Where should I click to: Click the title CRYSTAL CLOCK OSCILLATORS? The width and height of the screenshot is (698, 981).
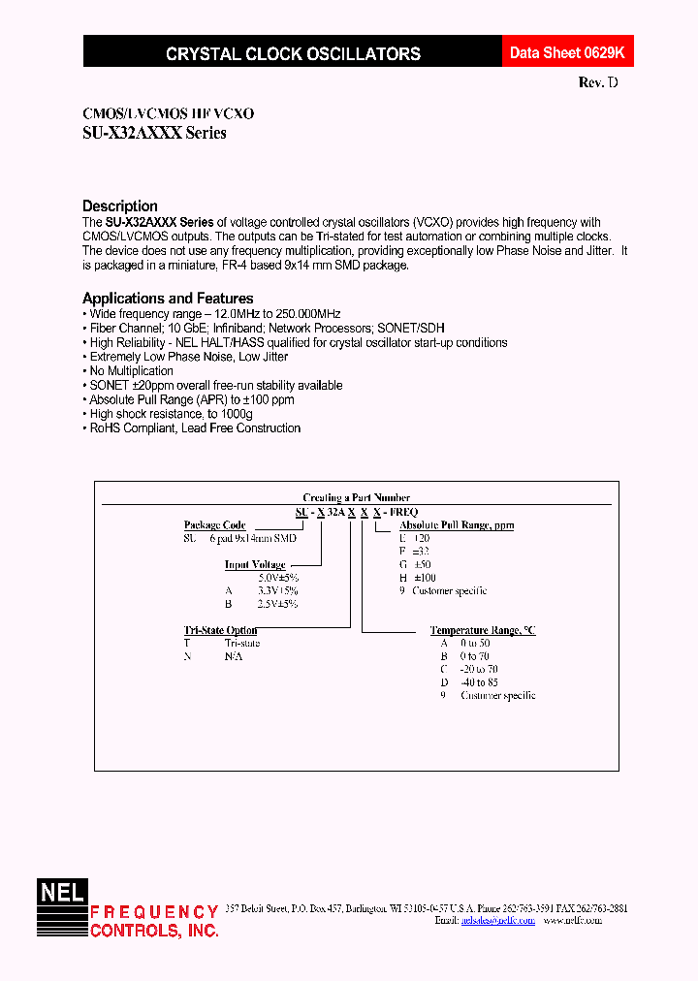(x=293, y=54)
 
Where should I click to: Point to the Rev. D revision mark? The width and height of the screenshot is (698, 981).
(x=597, y=83)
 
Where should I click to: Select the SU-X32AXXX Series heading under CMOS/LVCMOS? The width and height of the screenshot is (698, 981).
(x=154, y=133)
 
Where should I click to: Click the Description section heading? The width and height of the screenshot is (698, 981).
(x=120, y=206)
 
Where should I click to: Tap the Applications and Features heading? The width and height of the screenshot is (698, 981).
(x=168, y=299)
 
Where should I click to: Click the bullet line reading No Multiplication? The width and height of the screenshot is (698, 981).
(x=131, y=371)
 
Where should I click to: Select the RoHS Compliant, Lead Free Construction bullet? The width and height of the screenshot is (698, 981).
(x=194, y=428)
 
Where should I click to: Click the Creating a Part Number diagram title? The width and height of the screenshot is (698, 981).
(x=356, y=497)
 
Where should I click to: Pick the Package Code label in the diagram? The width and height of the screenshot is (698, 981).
(x=214, y=525)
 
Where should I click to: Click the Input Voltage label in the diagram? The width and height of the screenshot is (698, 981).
(x=255, y=564)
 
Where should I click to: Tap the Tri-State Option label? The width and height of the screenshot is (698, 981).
(x=220, y=630)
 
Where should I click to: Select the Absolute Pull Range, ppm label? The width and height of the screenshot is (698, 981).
(x=457, y=525)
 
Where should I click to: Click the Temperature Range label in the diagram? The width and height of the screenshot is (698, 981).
(x=483, y=630)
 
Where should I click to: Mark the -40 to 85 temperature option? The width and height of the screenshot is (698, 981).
(x=481, y=682)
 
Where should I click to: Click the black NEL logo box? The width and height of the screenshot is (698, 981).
(x=62, y=892)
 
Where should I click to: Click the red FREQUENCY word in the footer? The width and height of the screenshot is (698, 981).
(x=154, y=912)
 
